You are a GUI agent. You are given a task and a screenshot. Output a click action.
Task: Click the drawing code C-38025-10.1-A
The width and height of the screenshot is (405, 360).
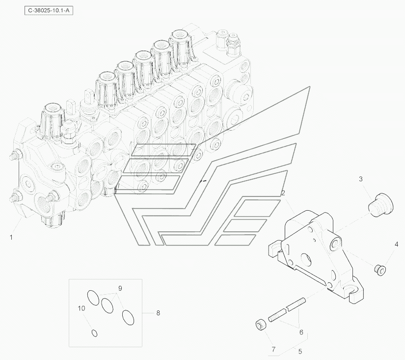click(x=49, y=11)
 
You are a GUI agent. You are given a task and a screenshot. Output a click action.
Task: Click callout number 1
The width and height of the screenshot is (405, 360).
click(x=11, y=237)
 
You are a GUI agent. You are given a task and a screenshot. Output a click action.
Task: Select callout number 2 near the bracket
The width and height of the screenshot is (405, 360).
click(x=283, y=193)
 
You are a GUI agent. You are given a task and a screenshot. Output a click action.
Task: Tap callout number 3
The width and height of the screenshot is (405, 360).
click(x=361, y=179)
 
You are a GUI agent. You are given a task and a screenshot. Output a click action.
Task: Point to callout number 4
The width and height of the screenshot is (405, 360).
click(x=397, y=244)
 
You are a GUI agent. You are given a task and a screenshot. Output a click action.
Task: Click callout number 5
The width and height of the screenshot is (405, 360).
click(x=300, y=352)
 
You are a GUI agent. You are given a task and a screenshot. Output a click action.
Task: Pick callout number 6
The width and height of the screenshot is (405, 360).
click(x=301, y=332)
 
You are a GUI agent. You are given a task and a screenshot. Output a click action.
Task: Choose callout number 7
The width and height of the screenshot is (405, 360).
click(x=274, y=349)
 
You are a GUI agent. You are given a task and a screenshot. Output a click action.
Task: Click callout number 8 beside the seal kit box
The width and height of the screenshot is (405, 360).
click(x=158, y=313)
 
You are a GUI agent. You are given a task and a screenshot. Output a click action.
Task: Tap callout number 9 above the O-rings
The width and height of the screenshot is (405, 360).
click(x=120, y=288)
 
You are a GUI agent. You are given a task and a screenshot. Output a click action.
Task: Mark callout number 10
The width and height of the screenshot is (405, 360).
click(x=81, y=308)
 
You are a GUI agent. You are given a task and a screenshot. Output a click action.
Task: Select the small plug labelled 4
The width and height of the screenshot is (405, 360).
click(x=380, y=270)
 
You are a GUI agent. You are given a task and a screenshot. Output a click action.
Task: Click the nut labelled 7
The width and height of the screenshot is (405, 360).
click(x=260, y=325)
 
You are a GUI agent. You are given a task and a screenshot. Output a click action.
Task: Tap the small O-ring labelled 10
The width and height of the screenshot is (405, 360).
click(x=95, y=333)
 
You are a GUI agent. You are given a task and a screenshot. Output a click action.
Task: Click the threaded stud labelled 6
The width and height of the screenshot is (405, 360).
click(x=287, y=309)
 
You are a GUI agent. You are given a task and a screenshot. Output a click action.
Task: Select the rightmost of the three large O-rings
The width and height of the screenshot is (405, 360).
click(x=128, y=317)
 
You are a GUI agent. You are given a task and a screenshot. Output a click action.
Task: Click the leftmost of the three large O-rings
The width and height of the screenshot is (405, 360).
click(x=93, y=298)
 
